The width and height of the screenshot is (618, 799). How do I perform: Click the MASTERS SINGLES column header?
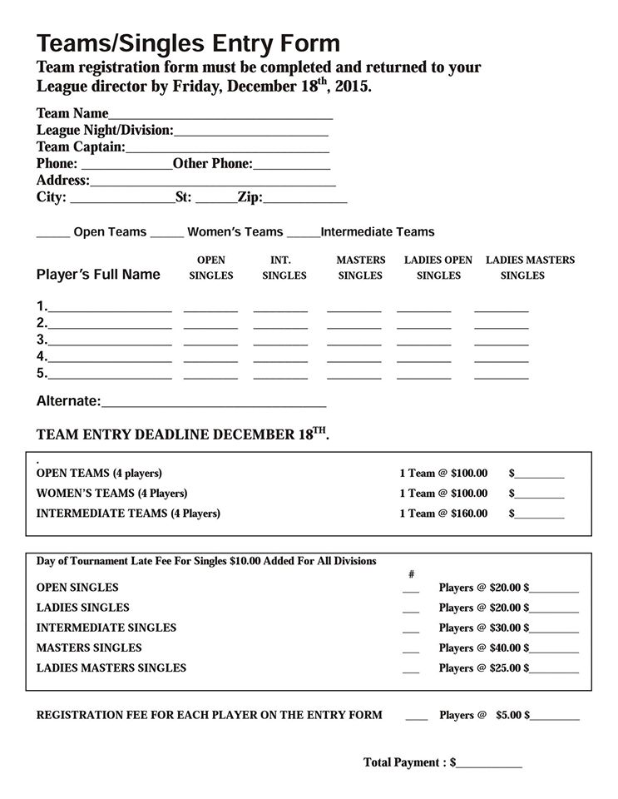[360, 267]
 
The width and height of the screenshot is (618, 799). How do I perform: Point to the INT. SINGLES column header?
[284, 267]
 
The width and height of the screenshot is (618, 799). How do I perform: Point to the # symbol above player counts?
[411, 573]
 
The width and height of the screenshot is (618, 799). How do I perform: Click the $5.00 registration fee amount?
[508, 715]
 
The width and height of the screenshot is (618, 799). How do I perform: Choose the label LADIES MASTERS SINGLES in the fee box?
[111, 667]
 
